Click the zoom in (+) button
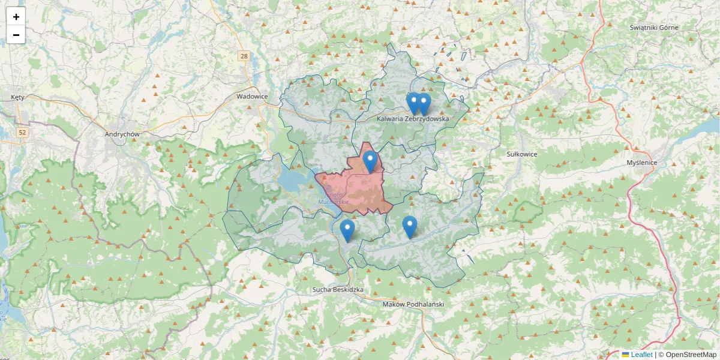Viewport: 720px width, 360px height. click(16, 17)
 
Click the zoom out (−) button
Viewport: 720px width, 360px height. click(16, 35)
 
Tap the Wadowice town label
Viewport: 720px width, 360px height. click(252, 96)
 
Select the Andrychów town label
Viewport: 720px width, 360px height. click(122, 134)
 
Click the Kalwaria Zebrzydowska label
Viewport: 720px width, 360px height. click(413, 119)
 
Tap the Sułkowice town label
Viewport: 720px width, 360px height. click(521, 154)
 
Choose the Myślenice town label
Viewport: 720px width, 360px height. click(642, 163)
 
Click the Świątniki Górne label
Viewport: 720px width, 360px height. click(654, 28)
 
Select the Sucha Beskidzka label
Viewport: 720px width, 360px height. click(338, 290)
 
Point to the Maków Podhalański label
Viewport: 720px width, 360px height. click(413, 304)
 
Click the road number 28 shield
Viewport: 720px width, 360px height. click(243, 56)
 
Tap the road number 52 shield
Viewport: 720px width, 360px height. click(22, 132)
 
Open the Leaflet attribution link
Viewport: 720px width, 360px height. click(641, 355)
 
